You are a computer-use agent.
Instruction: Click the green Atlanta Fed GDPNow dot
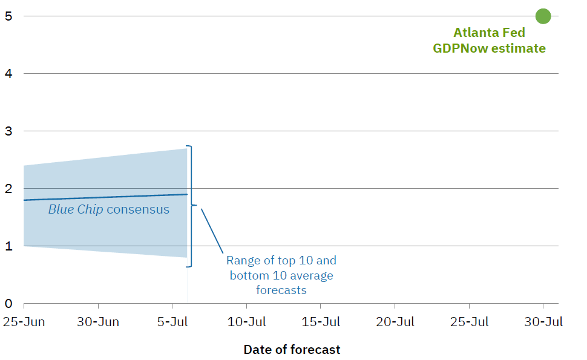543,16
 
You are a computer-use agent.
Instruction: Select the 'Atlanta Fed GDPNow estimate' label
489,41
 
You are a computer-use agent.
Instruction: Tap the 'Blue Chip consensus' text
108,209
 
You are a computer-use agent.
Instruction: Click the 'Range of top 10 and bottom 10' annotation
281,275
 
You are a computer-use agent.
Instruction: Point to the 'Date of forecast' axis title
292,350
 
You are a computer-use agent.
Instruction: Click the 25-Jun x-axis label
24,322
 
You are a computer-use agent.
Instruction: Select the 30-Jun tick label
98,322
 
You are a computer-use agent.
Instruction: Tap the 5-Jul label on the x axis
172,322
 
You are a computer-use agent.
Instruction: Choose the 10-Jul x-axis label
246,322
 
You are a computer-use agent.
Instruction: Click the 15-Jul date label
321,322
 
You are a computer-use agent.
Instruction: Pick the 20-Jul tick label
395,322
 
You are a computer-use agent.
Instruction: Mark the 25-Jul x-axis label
469,322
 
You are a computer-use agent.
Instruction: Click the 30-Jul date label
543,322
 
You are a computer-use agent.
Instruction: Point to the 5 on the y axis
8,16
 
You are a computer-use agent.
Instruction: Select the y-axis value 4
8,74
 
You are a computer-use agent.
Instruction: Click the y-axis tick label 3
8,131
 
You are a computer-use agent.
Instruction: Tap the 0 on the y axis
8,304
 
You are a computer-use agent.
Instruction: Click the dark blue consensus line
105,197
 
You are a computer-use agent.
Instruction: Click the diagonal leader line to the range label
212,231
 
